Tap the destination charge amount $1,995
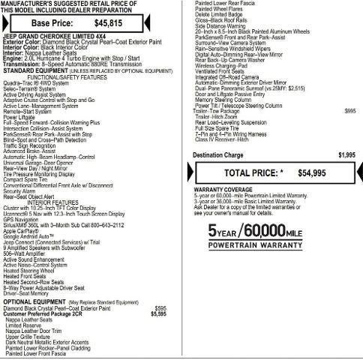346,155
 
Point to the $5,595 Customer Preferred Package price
158,313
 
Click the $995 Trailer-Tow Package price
350,111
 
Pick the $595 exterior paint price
160,308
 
